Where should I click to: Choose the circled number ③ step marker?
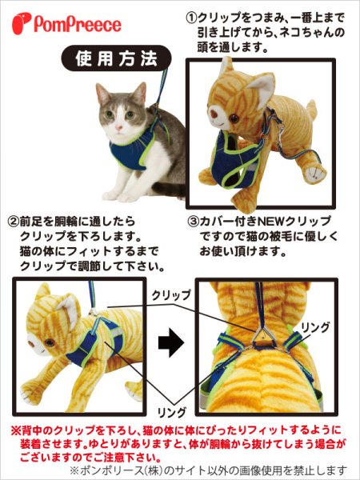tap(193, 220)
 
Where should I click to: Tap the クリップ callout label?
tap(170, 294)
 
